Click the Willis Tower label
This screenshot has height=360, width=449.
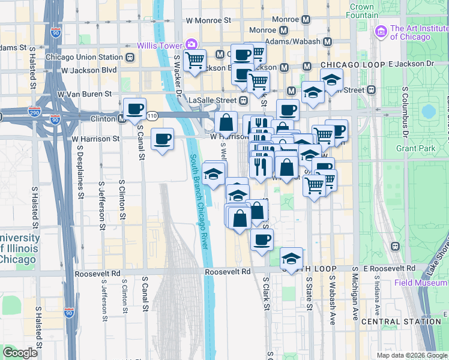(x=159, y=46)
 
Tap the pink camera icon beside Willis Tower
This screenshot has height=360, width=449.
(x=191, y=44)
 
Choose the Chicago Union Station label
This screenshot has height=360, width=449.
(x=83, y=58)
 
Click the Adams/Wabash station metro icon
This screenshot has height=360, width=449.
(x=328, y=42)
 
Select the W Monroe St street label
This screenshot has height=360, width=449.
(x=208, y=20)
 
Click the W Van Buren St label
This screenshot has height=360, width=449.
(x=85, y=94)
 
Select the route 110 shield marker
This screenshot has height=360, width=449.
(x=153, y=115)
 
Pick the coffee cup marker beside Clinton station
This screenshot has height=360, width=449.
(x=134, y=109)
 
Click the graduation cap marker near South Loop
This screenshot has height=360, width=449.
(x=292, y=259)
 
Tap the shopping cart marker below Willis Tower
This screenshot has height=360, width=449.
(x=195, y=60)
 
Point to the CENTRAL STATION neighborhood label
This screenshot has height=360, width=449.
(x=402, y=322)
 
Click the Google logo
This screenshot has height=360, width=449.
(x=20, y=353)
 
